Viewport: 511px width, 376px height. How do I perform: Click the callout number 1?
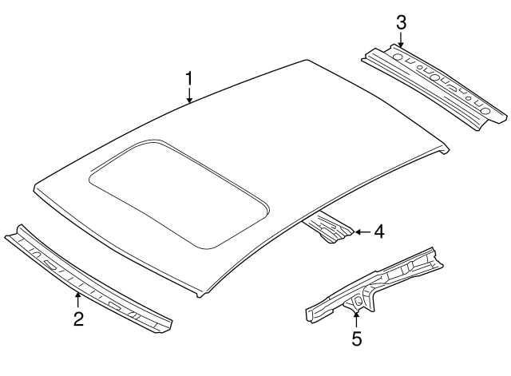point(189,78)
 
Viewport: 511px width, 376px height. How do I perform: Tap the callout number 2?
point(77,320)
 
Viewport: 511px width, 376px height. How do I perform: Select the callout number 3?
point(402,22)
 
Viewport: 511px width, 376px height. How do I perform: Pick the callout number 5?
point(356,339)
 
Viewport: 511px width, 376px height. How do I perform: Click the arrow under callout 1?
point(189,97)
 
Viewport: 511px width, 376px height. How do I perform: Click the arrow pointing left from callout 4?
point(358,232)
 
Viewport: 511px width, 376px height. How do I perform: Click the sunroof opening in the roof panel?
point(176,191)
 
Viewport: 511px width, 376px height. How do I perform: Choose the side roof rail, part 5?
point(375,283)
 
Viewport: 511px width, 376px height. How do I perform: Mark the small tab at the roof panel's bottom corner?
point(200,293)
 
